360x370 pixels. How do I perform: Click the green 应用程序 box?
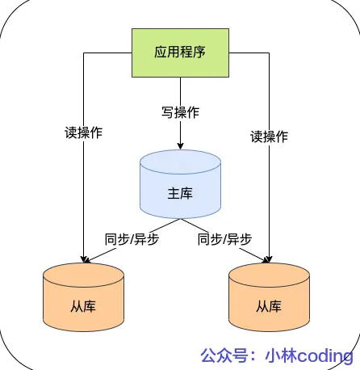(x=180, y=53)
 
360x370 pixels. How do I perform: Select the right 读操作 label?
(x=269, y=137)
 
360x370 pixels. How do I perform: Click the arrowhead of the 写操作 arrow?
(x=180, y=147)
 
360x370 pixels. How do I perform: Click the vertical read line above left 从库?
(x=83, y=194)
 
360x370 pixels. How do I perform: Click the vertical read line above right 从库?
(x=269, y=194)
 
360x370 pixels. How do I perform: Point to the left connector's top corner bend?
(x=83, y=53)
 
